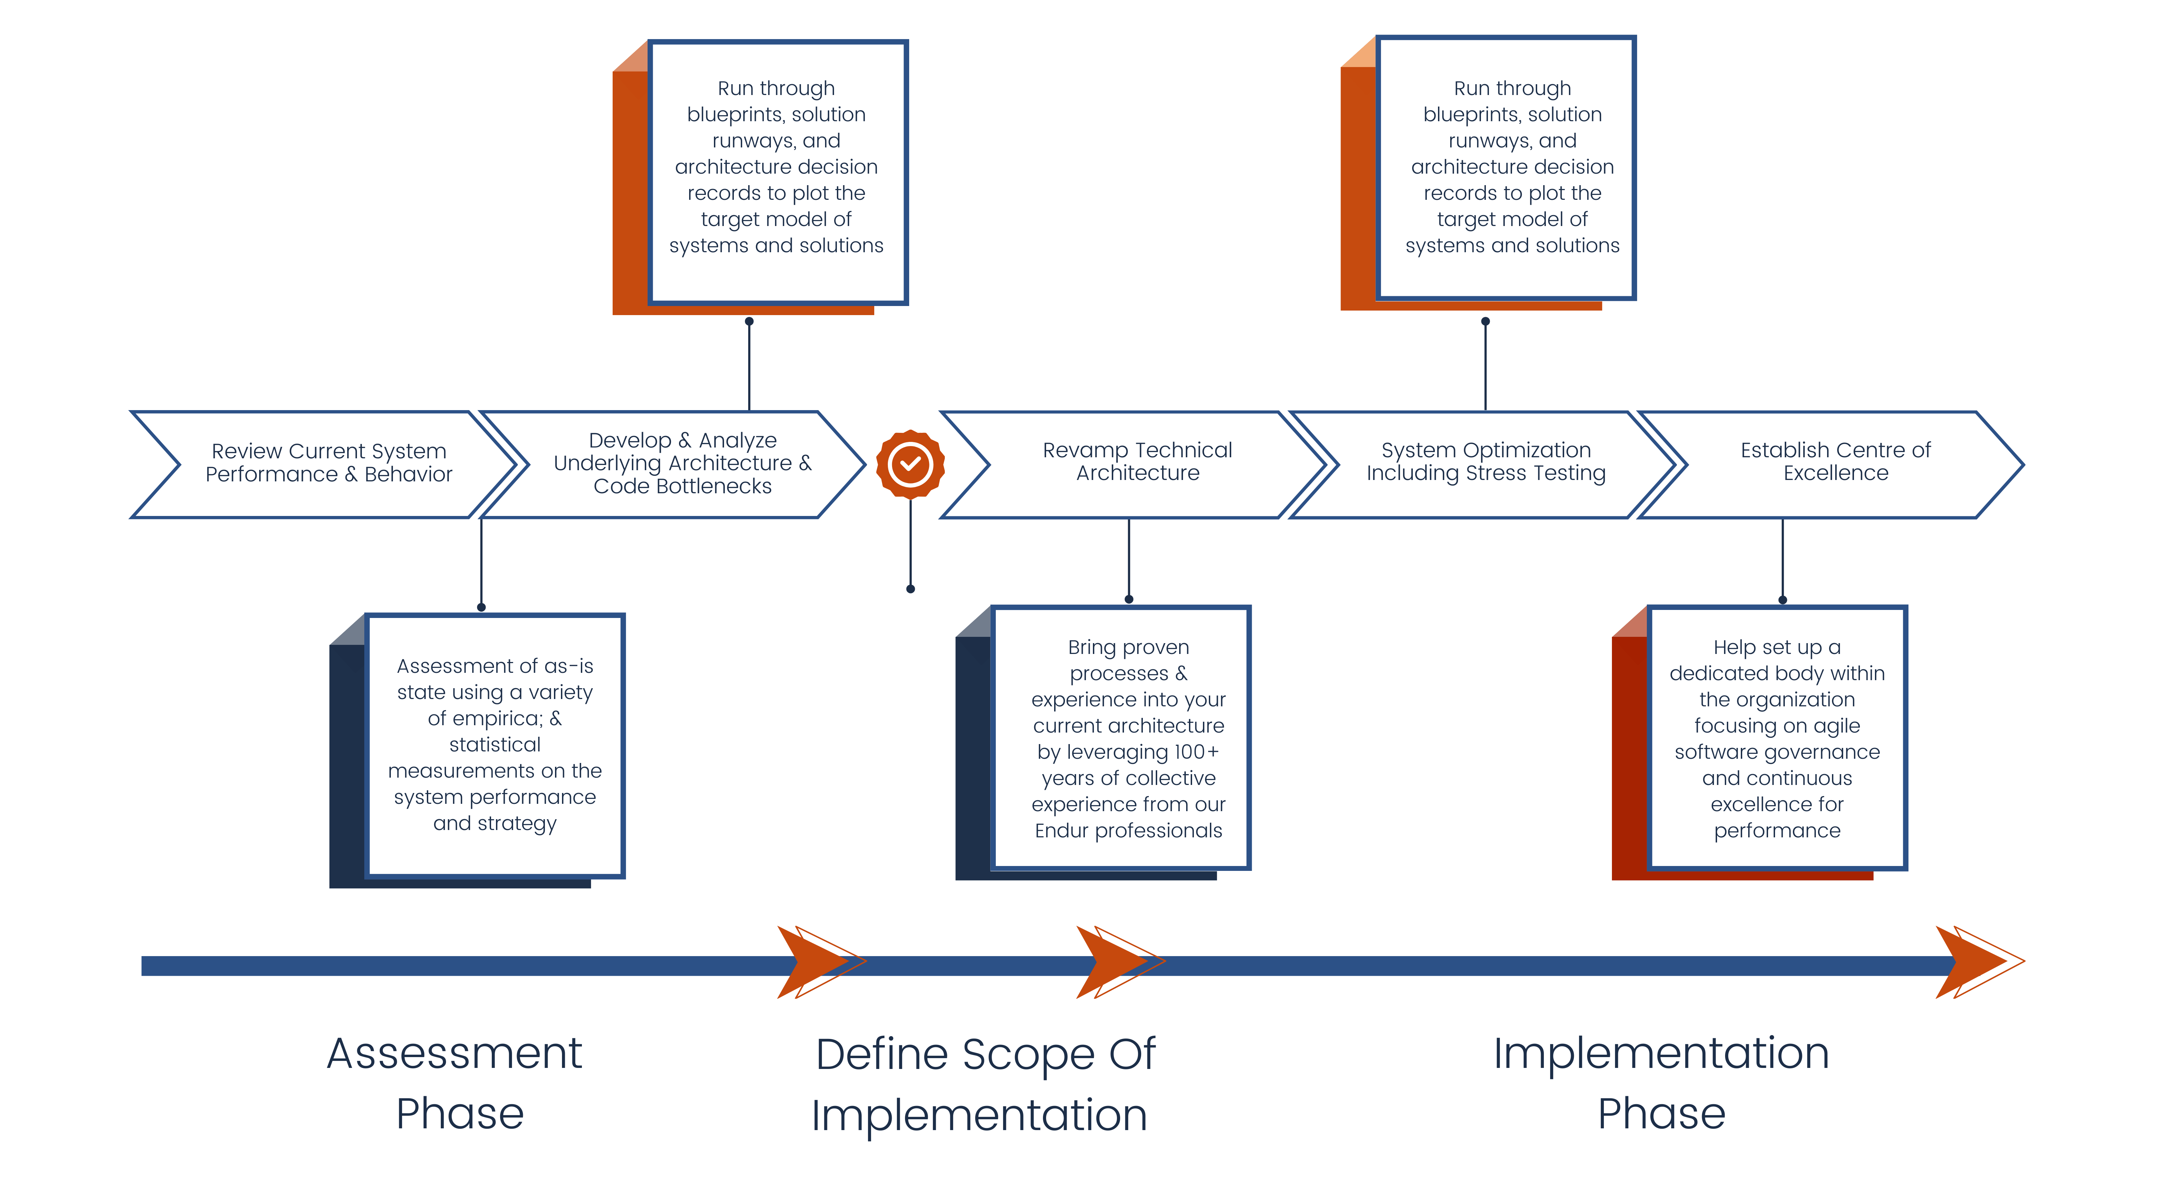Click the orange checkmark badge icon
pos(910,464)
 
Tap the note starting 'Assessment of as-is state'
pos(495,744)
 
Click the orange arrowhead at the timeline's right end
pos(1974,962)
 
